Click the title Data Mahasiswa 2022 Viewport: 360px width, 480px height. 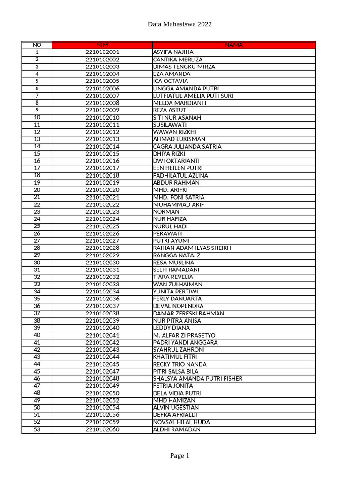(180, 24)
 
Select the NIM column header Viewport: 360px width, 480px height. (102, 45)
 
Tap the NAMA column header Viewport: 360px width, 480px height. (233, 45)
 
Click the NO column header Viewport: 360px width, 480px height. (37, 45)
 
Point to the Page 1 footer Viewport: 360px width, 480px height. (180, 456)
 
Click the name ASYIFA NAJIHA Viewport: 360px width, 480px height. (173, 52)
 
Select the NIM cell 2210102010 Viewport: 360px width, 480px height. (102, 118)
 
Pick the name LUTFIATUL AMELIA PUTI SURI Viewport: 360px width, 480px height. (193, 96)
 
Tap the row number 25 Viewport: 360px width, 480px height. (37, 226)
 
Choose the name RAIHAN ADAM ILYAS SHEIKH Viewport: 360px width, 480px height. (192, 248)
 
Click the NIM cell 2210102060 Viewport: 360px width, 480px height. (102, 429)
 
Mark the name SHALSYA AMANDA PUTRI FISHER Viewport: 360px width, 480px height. (198, 379)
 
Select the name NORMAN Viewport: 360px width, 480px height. (166, 212)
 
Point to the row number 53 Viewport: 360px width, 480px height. (37, 429)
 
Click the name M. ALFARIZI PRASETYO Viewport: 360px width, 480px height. (184, 335)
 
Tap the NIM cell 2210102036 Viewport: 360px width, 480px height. (102, 299)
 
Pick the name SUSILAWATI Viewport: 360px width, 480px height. (170, 125)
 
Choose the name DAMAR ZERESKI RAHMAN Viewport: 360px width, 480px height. (188, 313)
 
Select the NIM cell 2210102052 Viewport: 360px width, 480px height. (102, 400)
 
